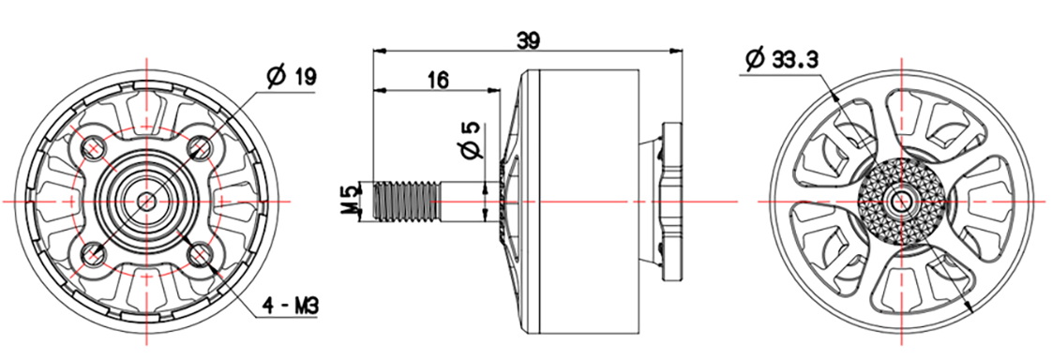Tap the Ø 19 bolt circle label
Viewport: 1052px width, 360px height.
(x=292, y=77)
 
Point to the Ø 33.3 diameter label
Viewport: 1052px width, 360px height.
(x=781, y=59)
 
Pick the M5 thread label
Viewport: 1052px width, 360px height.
(x=349, y=201)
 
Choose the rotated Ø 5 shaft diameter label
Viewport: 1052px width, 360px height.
(x=473, y=140)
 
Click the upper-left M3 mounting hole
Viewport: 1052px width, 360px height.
(x=93, y=146)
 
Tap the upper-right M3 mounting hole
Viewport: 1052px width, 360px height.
(x=200, y=145)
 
